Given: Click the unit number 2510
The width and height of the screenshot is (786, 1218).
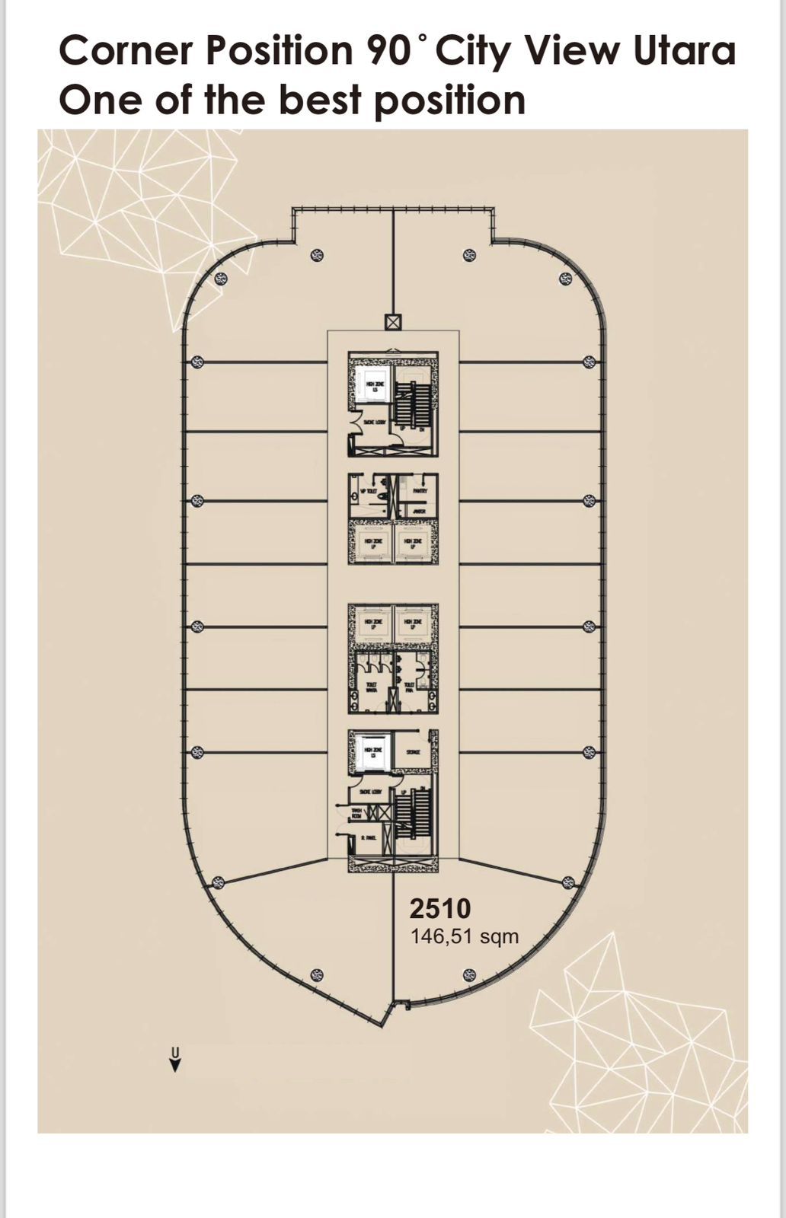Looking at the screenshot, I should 440,909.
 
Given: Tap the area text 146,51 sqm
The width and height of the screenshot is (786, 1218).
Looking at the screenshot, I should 465,936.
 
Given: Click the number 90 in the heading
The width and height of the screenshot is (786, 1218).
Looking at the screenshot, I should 391,52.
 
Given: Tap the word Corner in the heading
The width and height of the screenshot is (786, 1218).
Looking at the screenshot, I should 127,52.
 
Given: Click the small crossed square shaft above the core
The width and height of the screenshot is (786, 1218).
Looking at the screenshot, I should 393,322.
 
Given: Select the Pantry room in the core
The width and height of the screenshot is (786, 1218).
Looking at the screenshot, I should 420,491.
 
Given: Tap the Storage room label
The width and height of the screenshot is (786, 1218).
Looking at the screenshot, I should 414,752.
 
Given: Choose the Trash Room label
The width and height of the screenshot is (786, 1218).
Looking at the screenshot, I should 356,814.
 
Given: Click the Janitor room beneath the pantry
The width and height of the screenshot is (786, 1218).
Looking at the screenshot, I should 418,511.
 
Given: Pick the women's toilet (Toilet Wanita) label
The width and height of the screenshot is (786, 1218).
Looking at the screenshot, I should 372,685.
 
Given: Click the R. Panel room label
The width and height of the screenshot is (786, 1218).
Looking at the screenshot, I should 369,838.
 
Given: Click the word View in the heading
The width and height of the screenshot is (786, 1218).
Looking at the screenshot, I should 575,52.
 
